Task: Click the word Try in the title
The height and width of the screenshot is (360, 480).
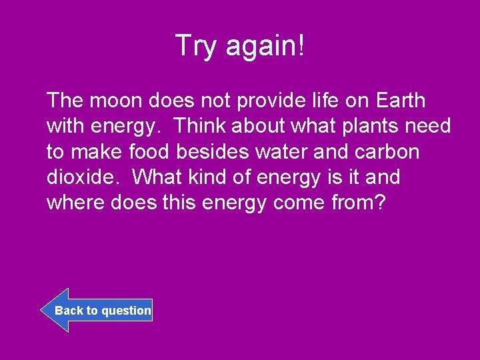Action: click(x=198, y=46)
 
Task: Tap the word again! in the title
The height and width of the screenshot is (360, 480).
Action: click(x=265, y=46)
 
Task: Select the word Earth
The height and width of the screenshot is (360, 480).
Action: click(x=400, y=101)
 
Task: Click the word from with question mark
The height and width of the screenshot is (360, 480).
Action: click(x=358, y=203)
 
